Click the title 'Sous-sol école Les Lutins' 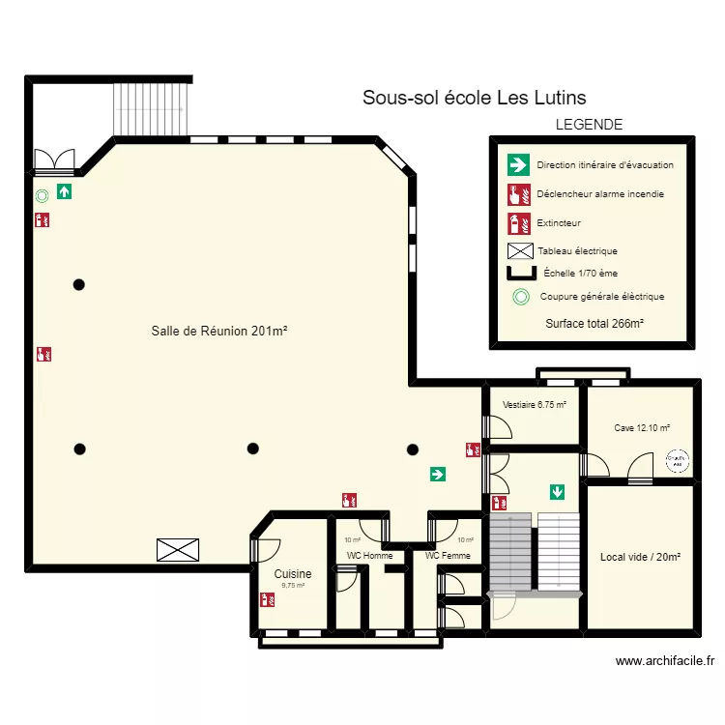click(x=474, y=98)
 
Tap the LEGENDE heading click(x=589, y=125)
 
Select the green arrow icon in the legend click(x=519, y=164)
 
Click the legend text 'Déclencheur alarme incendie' click(x=600, y=194)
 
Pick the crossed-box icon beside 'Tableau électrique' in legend click(x=520, y=251)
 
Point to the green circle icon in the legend click(x=520, y=297)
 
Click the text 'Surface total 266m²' click(x=594, y=324)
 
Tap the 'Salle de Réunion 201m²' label click(x=219, y=332)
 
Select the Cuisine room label click(x=293, y=573)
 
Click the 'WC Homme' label click(x=370, y=556)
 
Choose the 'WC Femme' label click(x=448, y=556)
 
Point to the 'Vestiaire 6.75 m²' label click(x=535, y=405)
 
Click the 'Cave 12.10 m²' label click(x=642, y=427)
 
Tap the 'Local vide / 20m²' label click(x=640, y=557)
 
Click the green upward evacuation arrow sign click(x=65, y=191)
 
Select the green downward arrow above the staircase click(x=557, y=492)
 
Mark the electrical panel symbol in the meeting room click(x=180, y=550)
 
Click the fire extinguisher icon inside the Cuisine click(x=266, y=599)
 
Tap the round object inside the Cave click(x=679, y=462)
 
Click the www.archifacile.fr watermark click(x=664, y=661)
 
